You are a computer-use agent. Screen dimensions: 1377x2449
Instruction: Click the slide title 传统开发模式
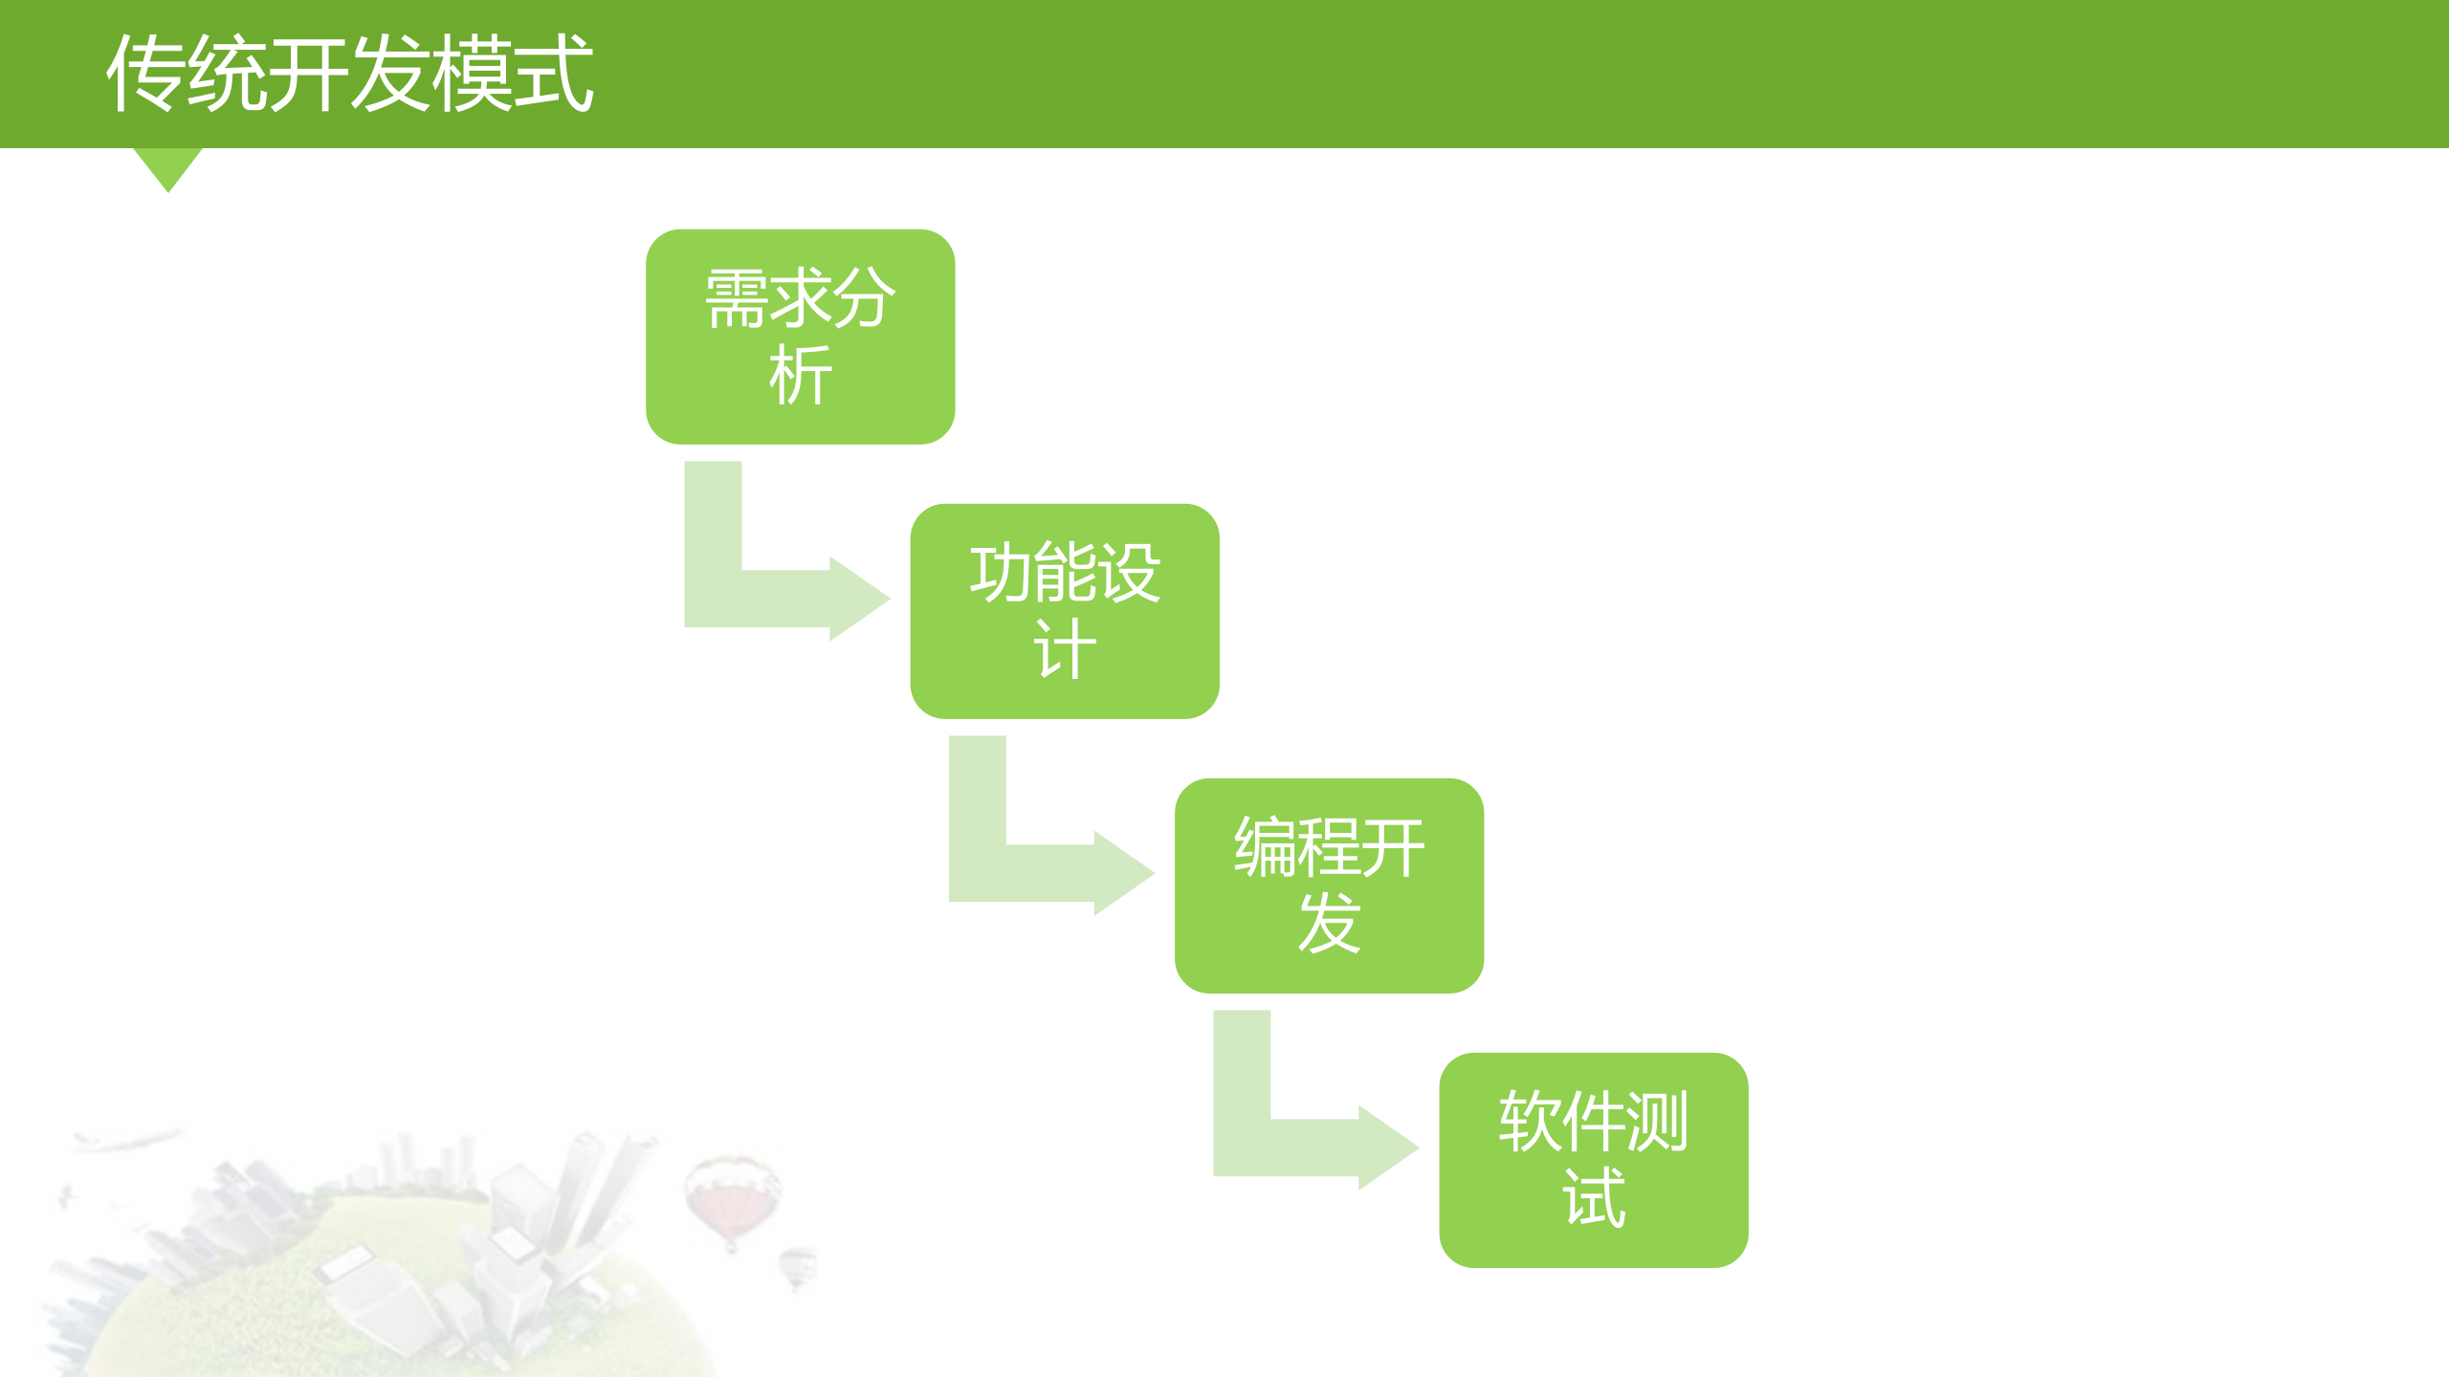coord(350,74)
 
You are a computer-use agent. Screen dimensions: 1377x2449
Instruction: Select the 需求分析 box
coord(800,337)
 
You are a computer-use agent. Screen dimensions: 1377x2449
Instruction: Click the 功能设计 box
coord(1064,611)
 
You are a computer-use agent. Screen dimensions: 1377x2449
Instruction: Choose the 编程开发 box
coord(1329,885)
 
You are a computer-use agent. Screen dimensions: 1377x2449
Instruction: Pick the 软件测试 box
coord(1593,1160)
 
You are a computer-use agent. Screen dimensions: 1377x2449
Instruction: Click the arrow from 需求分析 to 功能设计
coord(765,598)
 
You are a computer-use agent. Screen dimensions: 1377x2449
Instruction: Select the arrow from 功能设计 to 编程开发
coord(1029,872)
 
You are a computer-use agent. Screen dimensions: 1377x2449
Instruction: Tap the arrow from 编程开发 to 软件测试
coord(1293,1147)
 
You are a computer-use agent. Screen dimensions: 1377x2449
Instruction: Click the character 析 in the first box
coord(800,376)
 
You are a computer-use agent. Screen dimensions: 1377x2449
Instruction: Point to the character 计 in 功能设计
coord(1064,650)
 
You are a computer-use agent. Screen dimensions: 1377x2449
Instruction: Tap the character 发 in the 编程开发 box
coord(1329,925)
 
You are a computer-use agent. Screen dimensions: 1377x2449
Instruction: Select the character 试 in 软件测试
coord(1594,1199)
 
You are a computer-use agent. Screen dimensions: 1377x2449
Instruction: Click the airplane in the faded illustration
coord(124,1140)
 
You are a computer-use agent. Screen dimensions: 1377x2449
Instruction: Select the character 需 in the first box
coord(736,298)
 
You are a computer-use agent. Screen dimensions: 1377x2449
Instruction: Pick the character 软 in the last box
coord(1530,1121)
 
